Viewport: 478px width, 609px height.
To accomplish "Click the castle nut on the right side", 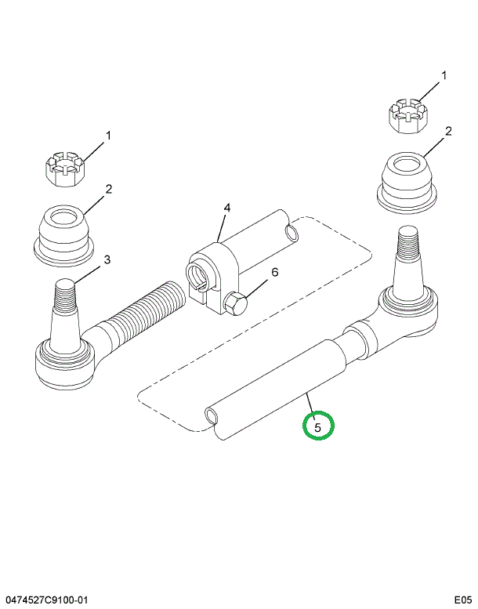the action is [x=408, y=116].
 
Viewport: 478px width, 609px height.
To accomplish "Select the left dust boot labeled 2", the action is [x=64, y=235].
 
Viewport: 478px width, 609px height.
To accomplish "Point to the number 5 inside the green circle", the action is [x=318, y=428].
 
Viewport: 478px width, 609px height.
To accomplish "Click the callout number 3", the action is [x=107, y=259].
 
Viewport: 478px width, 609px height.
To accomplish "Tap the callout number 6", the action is [x=274, y=272].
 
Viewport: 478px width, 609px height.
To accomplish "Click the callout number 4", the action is [x=226, y=208].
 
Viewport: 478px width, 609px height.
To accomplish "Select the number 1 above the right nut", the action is [x=444, y=75].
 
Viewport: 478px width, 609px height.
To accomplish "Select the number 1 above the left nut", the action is [x=108, y=136].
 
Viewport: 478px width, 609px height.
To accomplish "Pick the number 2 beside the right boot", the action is [x=448, y=131].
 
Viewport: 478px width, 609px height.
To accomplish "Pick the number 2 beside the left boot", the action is [x=109, y=189].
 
